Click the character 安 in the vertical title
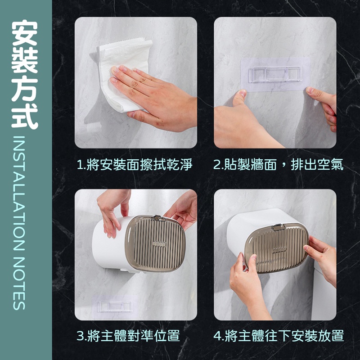tap(25, 33)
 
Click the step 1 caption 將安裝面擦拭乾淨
tap(139, 164)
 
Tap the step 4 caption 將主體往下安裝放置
tap(284, 335)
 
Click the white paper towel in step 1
tap(121, 73)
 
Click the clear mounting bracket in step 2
tap(274, 74)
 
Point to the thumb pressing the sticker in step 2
tap(239, 98)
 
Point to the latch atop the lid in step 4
tap(279, 227)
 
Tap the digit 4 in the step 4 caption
tap(217, 336)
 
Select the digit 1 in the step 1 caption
tap(80, 165)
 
